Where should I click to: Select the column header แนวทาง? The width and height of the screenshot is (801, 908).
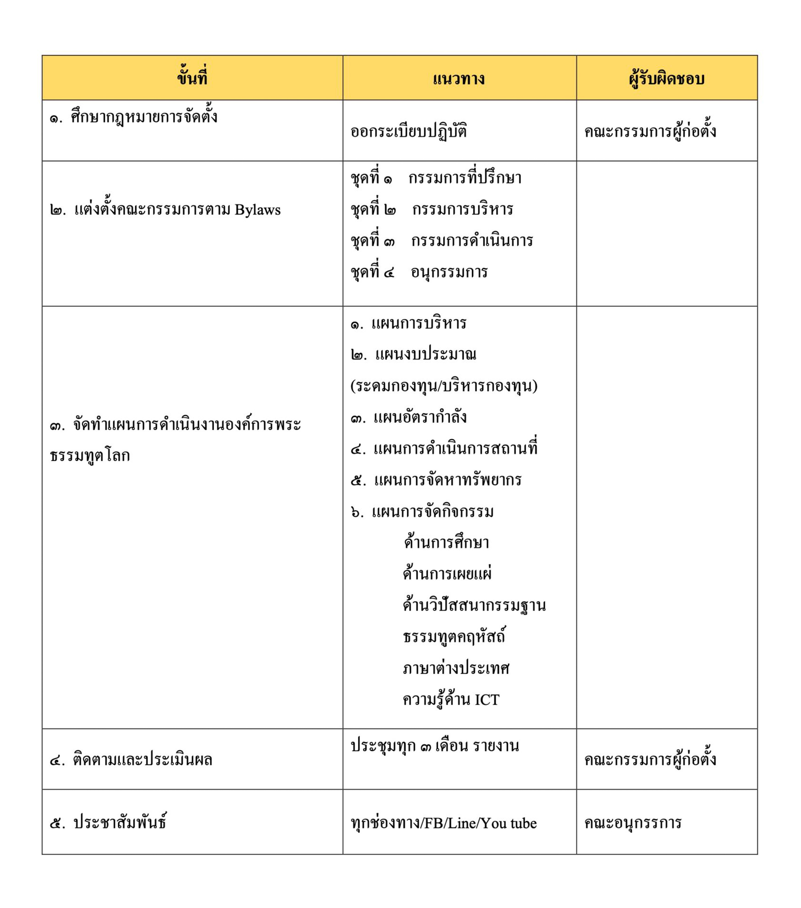click(459, 79)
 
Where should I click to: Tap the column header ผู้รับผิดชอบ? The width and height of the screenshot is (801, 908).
click(666, 79)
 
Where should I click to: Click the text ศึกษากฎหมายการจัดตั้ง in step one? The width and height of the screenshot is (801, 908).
click(144, 117)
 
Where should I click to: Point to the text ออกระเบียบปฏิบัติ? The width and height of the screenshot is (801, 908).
click(408, 132)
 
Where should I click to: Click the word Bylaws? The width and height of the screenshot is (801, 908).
click(258, 210)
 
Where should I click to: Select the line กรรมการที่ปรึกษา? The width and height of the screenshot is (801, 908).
click(465, 178)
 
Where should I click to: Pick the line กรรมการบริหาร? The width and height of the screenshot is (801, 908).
click(462, 209)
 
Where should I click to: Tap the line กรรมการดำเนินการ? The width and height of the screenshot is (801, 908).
click(472, 241)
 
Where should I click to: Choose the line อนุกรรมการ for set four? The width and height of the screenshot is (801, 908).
click(449, 272)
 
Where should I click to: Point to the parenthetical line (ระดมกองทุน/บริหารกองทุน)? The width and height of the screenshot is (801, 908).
click(444, 386)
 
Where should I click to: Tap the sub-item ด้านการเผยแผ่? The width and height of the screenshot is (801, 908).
click(447, 574)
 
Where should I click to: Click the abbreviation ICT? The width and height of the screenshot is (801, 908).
click(487, 700)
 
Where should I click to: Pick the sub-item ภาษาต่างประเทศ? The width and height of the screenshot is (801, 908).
click(456, 668)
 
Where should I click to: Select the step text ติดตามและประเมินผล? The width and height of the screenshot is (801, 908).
click(143, 760)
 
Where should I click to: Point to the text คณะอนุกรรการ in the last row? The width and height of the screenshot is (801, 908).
click(632, 823)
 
